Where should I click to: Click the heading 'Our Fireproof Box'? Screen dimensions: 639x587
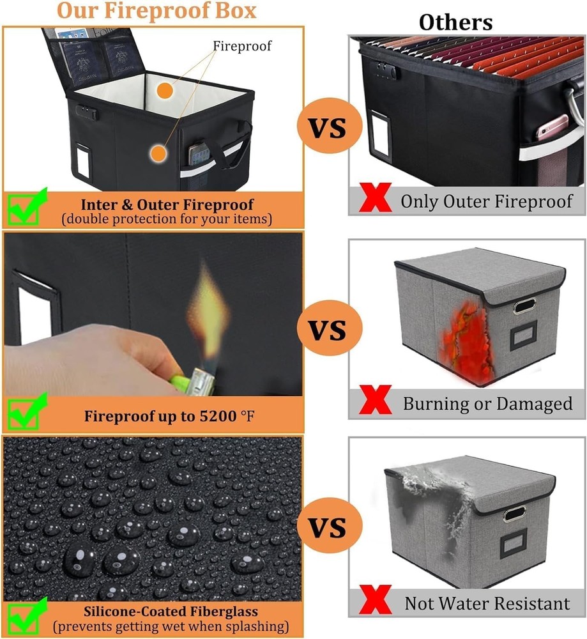(x=156, y=11)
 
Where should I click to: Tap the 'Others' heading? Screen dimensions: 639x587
(x=455, y=22)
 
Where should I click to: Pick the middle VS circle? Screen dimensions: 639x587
(x=329, y=331)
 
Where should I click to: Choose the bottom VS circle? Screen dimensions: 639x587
(x=329, y=528)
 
